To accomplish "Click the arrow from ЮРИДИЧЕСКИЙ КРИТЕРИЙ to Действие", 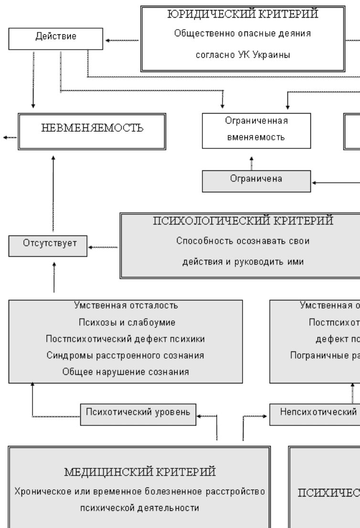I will [x=122, y=41].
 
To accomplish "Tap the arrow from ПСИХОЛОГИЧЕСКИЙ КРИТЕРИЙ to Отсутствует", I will [x=104, y=247].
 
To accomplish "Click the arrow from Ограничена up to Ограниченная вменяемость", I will [x=253, y=163].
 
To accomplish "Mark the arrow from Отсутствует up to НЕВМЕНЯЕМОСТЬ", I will [x=53, y=196].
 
